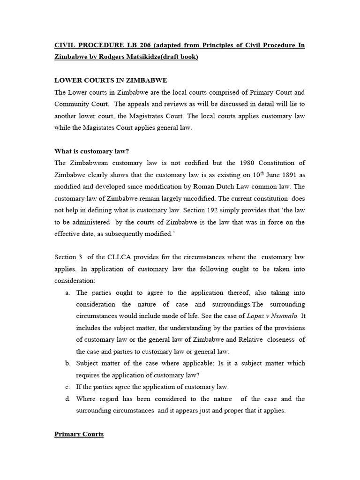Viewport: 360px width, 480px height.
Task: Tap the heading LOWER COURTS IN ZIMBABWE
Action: pos(111,80)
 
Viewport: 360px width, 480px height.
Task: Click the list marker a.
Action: pos(68,292)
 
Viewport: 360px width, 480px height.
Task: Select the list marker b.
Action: pos(68,363)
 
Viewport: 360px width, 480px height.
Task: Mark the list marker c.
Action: pos(68,387)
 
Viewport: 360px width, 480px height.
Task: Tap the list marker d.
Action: pos(68,399)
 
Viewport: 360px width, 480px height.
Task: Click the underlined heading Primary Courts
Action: pos(79,434)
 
